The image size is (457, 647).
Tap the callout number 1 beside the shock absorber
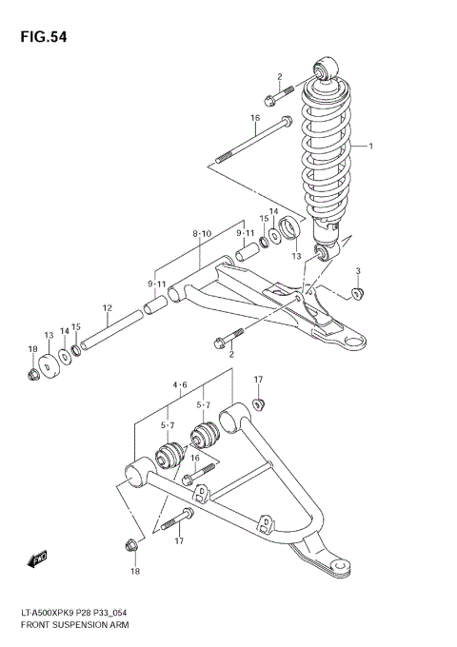coord(371,147)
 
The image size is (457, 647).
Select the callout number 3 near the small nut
coord(358,272)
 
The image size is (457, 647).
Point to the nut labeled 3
coord(358,292)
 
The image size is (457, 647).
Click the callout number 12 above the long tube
coord(108,307)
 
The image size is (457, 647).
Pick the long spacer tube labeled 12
coord(112,328)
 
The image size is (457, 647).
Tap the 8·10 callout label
coord(201,233)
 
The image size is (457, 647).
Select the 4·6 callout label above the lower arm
coord(179,385)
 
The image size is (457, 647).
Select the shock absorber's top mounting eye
coord(325,70)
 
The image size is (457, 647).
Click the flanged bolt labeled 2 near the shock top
coord(272,97)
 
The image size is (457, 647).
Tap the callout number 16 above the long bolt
coord(255,118)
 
